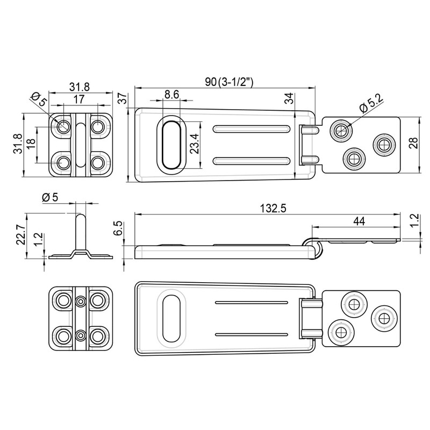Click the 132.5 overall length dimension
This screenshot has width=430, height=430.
(273, 209)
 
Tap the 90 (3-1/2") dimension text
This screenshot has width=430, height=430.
(230, 82)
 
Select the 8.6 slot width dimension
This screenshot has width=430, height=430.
(171, 95)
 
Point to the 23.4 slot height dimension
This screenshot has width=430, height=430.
(195, 144)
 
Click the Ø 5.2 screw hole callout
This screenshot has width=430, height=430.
(371, 104)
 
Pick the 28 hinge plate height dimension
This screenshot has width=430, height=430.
(413, 143)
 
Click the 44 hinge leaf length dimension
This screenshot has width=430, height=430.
(359, 221)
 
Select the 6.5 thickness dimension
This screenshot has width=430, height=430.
(118, 229)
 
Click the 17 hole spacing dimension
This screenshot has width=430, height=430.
(79, 99)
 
